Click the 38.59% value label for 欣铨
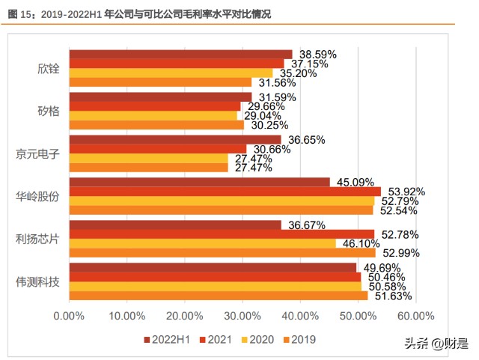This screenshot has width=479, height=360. pos(317,55)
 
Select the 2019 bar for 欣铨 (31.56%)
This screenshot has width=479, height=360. pos(160,82)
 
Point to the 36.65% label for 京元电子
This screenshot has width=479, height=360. pos(306,140)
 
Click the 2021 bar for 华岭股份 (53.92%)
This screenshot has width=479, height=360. pos(225,192)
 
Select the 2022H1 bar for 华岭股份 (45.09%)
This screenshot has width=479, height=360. pos(199,182)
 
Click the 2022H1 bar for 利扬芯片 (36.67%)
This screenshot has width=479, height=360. pos(175,225)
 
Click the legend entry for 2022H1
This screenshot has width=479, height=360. pos(168,339)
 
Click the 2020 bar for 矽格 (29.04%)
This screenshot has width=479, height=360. pos(153,115)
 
